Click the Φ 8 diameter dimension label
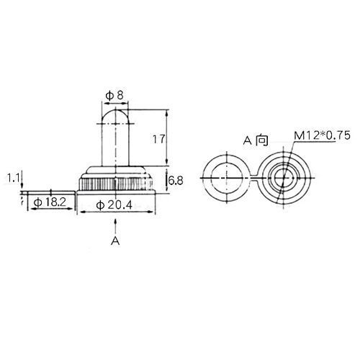(x=114, y=96)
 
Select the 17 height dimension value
(x=159, y=139)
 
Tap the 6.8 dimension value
(x=176, y=181)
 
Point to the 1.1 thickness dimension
(x=13, y=178)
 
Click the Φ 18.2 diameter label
(x=50, y=202)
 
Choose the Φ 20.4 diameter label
(x=114, y=205)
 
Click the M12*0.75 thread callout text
(x=323, y=135)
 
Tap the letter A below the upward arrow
(x=115, y=240)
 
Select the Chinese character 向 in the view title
(x=261, y=140)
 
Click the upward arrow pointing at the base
(x=115, y=226)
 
